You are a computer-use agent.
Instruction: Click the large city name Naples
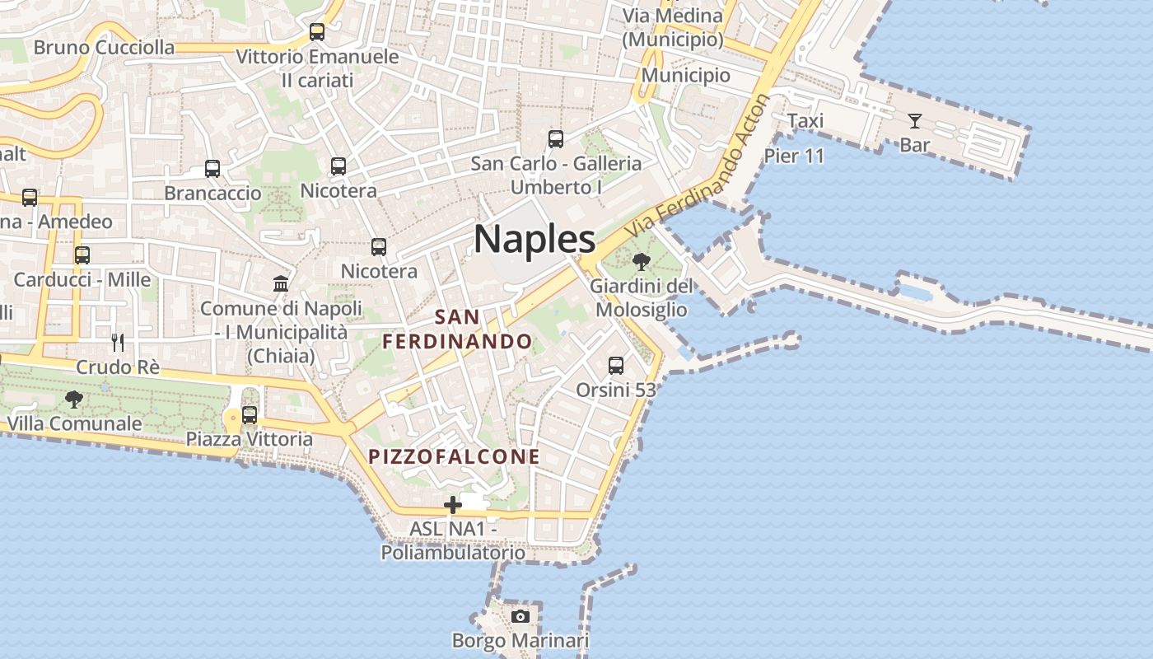[534, 239]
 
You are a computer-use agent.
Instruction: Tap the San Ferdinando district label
[458, 329]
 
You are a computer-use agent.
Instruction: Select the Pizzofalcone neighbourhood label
[454, 456]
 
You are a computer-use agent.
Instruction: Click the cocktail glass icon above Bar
[915, 122]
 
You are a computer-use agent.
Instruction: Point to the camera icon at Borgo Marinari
[520, 616]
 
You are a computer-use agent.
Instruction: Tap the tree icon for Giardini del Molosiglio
[641, 262]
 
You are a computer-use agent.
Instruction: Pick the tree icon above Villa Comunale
[74, 400]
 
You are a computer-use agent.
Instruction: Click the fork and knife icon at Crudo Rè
[118, 342]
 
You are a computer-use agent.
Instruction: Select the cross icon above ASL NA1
[452, 505]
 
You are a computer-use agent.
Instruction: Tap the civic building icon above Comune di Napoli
[281, 284]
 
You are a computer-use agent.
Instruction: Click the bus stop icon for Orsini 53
[615, 365]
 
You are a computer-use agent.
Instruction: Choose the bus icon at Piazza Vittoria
[250, 415]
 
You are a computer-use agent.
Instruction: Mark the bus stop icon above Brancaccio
[212, 169]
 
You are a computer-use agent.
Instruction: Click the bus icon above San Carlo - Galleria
[556, 139]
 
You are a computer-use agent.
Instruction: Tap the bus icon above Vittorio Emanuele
[317, 32]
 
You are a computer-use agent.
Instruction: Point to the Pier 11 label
[794, 156]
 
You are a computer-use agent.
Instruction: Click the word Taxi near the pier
[805, 121]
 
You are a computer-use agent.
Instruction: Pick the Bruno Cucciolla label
[104, 47]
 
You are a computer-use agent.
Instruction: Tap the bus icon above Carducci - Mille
[82, 255]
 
